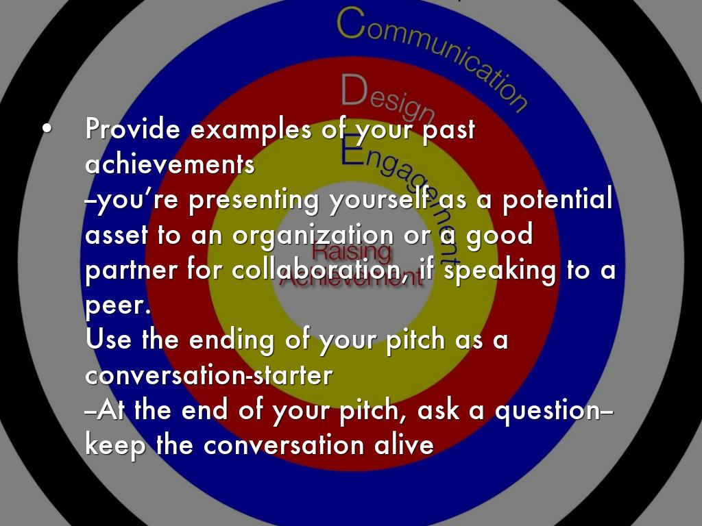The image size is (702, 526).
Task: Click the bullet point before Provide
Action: pyautogui.click(x=47, y=129)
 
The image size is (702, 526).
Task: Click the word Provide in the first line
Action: pyautogui.click(x=133, y=129)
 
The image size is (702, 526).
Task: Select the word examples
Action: pyautogui.click(x=251, y=130)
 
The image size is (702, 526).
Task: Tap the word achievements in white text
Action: pyautogui.click(x=170, y=164)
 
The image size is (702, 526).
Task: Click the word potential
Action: pyautogui.click(x=557, y=199)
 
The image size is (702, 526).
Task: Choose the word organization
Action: pyautogui.click(x=313, y=236)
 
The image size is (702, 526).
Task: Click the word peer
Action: pyautogui.click(x=118, y=306)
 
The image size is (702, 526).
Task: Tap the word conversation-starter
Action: pyautogui.click(x=208, y=375)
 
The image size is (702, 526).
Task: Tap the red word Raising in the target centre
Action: pyautogui.click(x=351, y=251)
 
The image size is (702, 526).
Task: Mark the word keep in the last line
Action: pyautogui.click(x=115, y=445)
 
